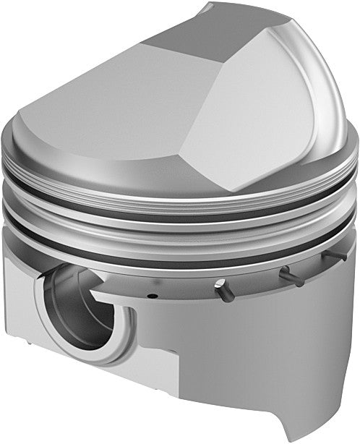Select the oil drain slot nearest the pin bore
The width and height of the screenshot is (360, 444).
coord(222,287)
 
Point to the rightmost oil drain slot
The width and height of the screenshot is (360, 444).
coord(331,257)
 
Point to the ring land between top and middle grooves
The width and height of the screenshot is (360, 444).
coord(181,205)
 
